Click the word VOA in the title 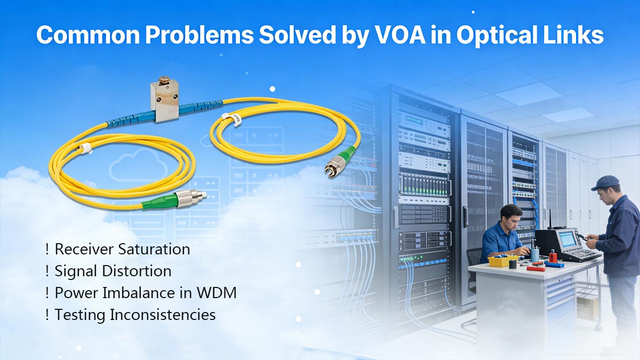[x=433, y=35]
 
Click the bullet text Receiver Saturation [x=122, y=249]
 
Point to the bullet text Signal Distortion [x=113, y=271]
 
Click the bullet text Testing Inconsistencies [x=135, y=315]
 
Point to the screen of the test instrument [x=569, y=239]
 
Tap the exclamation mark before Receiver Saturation [x=47, y=249]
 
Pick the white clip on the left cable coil [x=84, y=148]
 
